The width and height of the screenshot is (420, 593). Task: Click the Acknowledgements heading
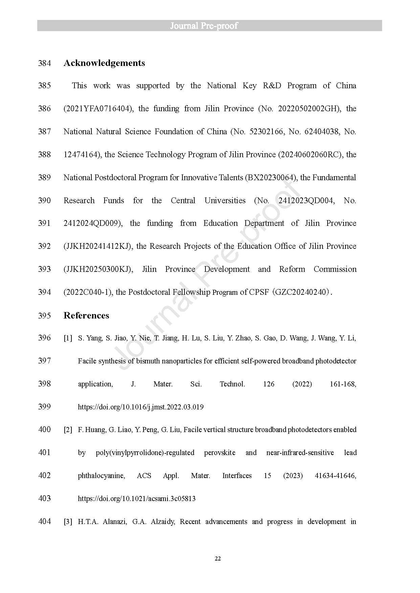[104, 63]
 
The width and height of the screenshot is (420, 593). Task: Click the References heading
[86, 315]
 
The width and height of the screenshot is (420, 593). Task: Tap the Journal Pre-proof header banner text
[204, 26]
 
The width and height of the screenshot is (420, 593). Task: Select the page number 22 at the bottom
[218, 559]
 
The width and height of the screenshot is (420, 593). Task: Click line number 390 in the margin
[44, 200]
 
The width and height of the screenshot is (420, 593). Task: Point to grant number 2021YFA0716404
[97, 109]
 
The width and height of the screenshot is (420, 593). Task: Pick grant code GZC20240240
[302, 292]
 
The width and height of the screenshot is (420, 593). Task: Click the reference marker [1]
[68, 338]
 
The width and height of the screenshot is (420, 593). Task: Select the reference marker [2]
[68, 430]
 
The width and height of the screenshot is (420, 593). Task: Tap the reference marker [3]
[68, 522]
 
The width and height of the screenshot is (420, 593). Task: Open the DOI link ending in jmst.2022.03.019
[141, 407]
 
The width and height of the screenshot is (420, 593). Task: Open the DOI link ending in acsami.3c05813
[137, 499]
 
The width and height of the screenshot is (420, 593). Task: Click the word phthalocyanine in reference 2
[101, 476]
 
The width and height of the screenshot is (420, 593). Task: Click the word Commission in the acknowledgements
[335, 269]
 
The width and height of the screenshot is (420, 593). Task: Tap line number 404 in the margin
[44, 521]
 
